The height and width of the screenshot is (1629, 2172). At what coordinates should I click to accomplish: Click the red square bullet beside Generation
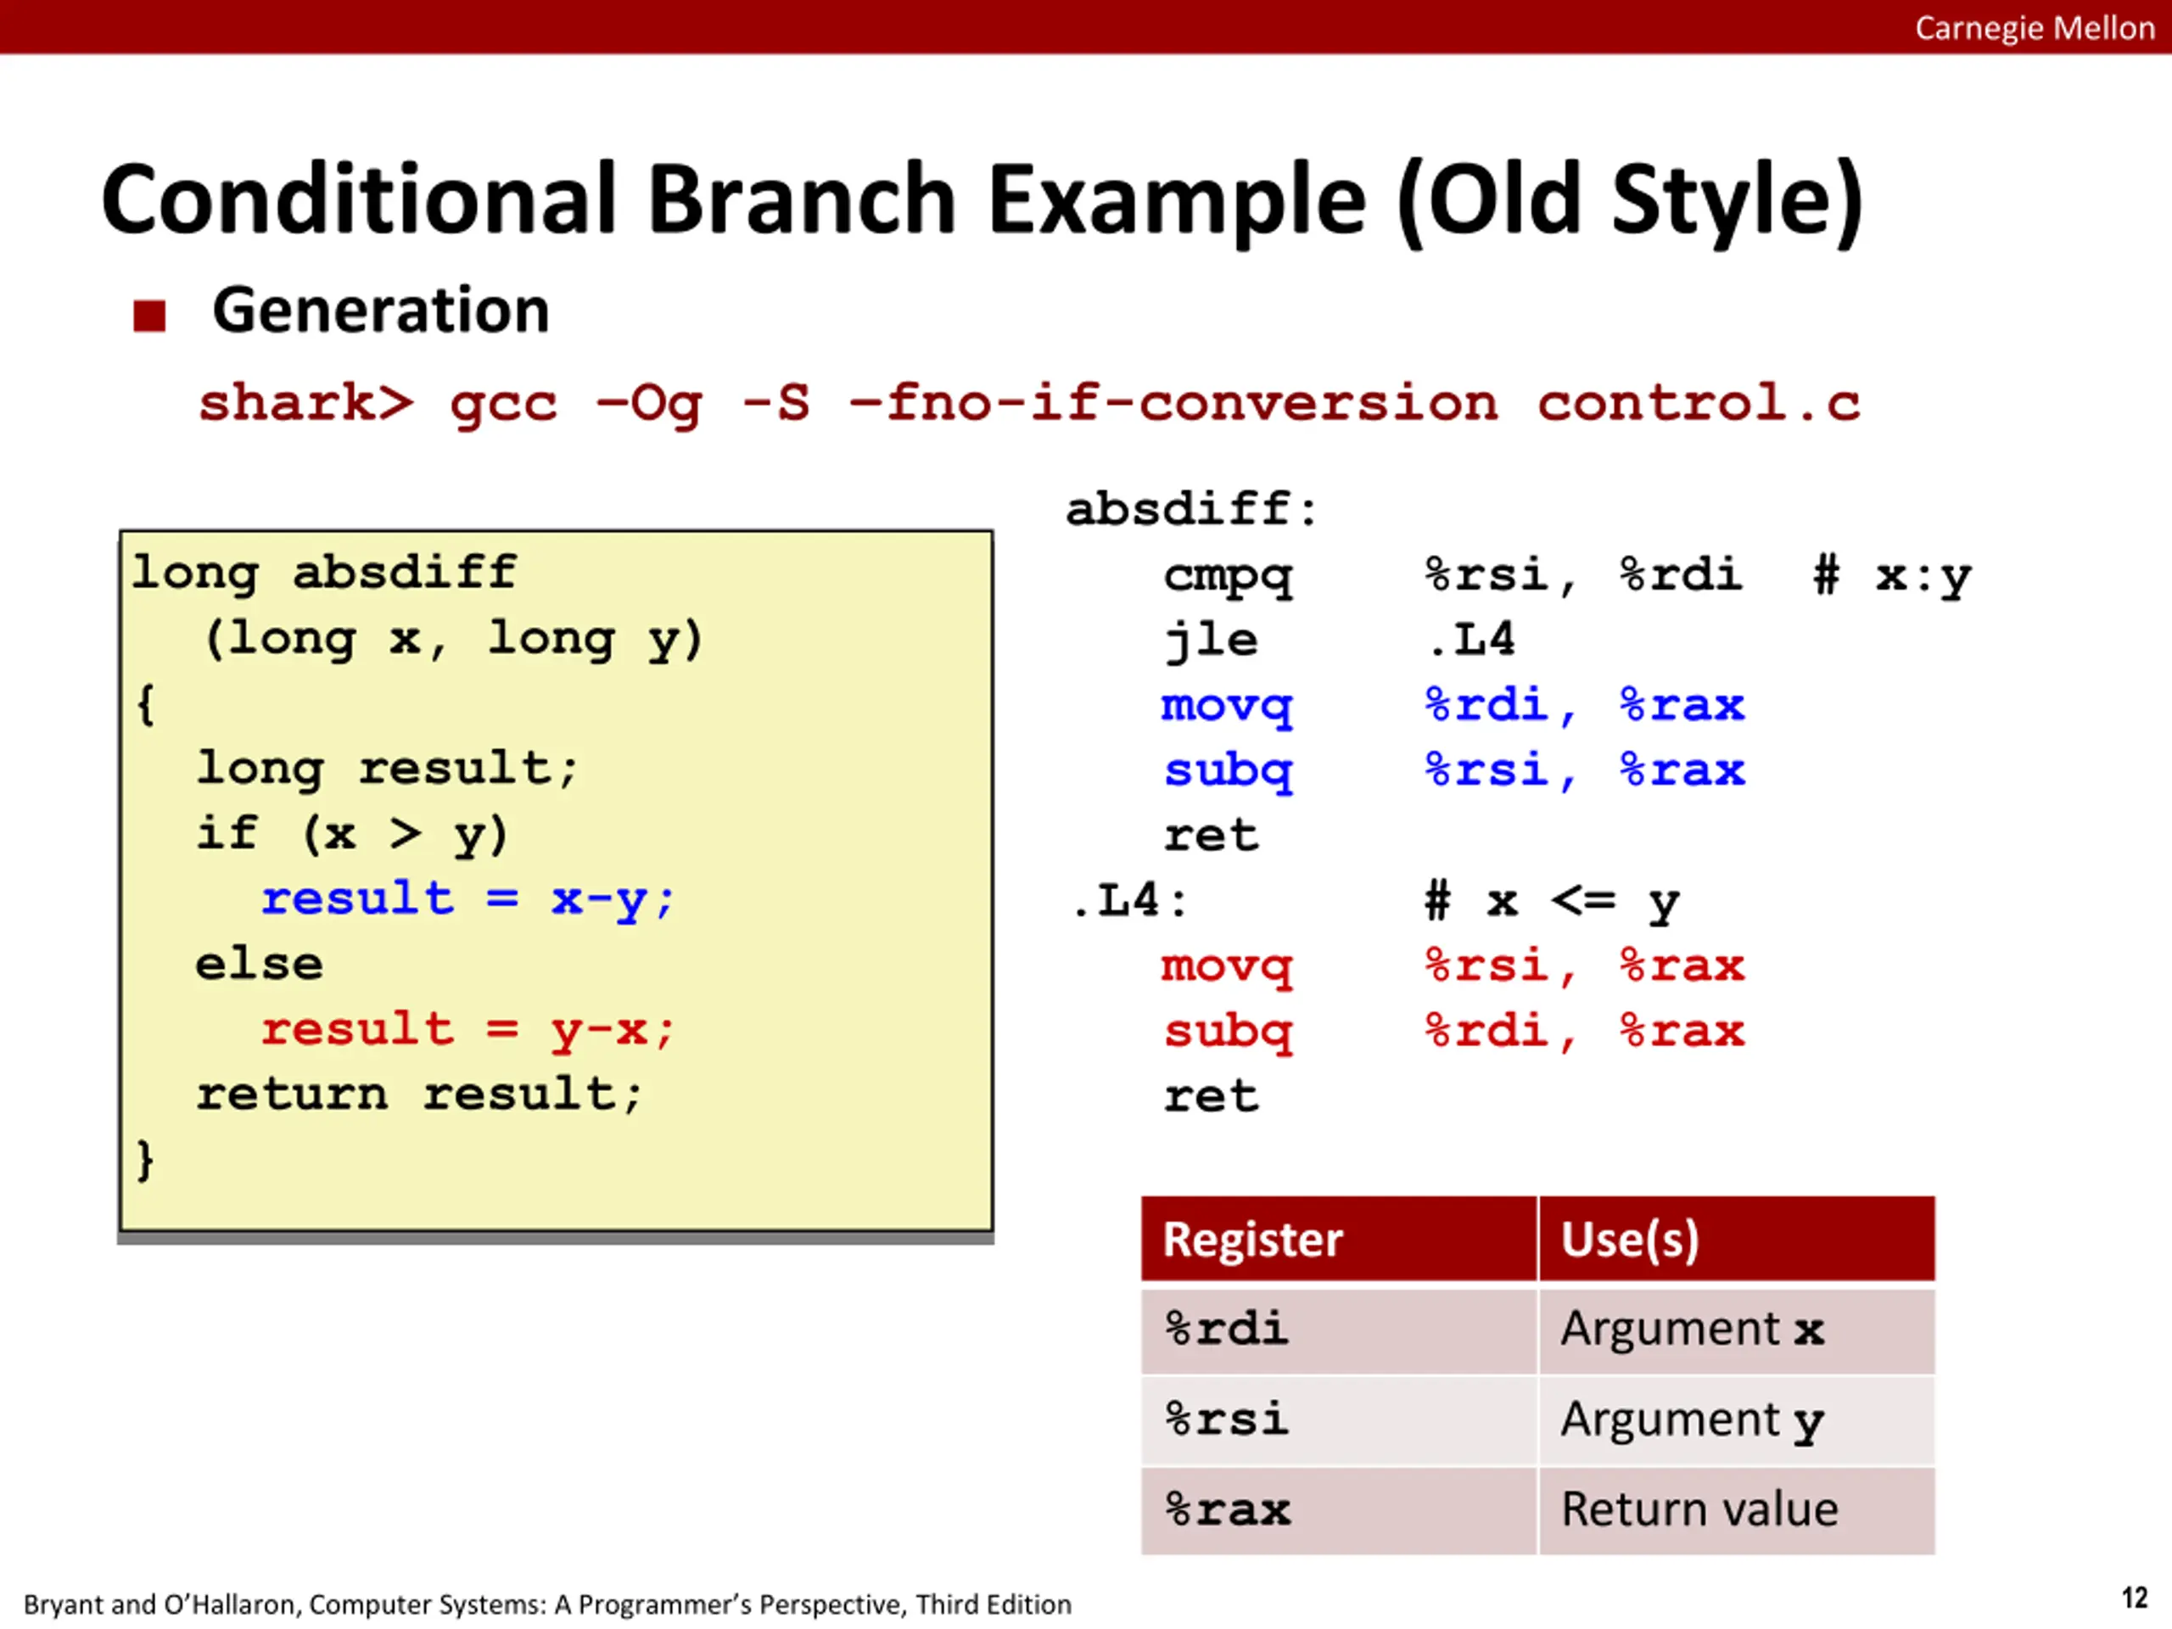click(x=149, y=316)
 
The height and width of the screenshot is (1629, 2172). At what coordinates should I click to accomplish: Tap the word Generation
click(x=381, y=311)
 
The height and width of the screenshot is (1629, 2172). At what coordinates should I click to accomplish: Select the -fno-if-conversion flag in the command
click(x=1173, y=403)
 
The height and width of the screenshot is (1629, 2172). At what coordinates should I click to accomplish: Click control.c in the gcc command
click(x=1699, y=403)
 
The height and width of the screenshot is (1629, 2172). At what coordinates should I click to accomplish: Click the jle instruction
click(x=1211, y=641)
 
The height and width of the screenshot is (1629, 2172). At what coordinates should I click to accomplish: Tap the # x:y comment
click(x=1892, y=576)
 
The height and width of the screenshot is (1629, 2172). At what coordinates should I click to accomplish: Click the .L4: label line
click(x=1129, y=900)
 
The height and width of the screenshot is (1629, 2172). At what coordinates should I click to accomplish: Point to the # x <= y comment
click(x=1553, y=901)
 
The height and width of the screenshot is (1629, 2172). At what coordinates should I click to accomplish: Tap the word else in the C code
click(x=260, y=964)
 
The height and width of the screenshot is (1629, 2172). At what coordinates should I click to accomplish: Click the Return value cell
click(x=1737, y=1510)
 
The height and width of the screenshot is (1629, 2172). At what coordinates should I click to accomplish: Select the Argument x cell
click(x=1737, y=1330)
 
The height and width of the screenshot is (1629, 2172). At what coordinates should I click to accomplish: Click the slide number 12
click(x=2134, y=1598)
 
